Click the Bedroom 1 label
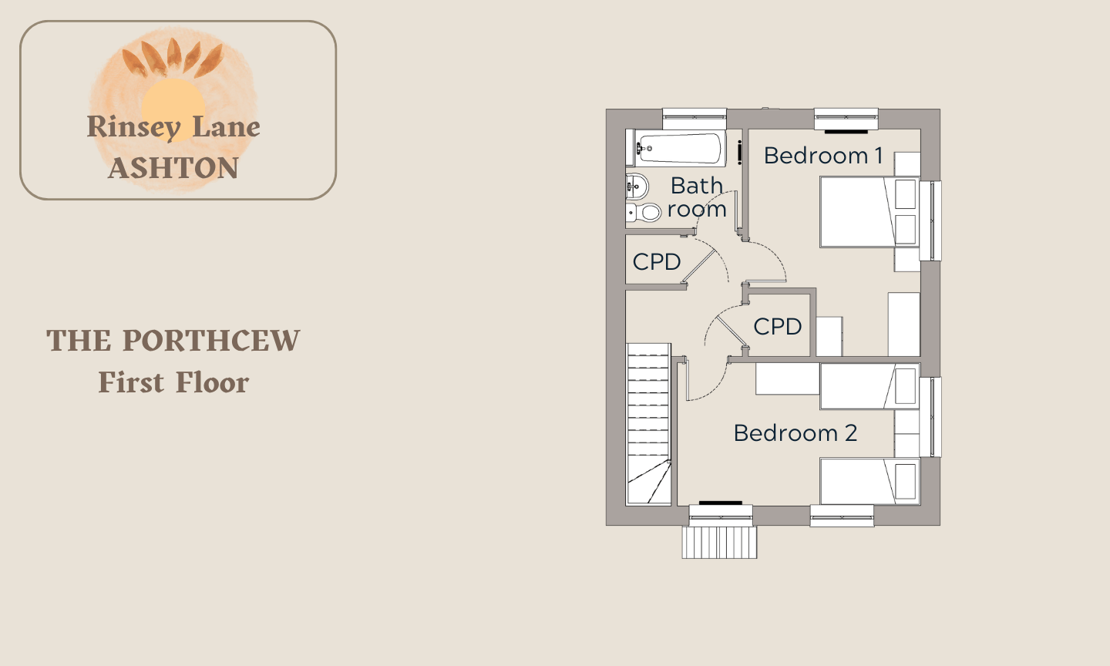click(823, 156)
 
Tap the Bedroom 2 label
click(795, 433)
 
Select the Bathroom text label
click(697, 197)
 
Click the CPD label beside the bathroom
click(657, 261)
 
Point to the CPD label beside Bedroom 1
click(778, 327)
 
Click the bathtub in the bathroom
click(677, 148)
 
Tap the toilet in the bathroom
click(643, 213)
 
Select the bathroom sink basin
click(637, 187)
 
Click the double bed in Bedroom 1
click(869, 211)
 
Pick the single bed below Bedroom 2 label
click(869, 481)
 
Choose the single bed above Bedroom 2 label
click(869, 386)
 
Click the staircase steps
click(649, 424)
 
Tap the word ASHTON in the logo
click(173, 168)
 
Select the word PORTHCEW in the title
click(211, 341)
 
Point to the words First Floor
click(173, 382)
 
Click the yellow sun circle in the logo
click(173, 107)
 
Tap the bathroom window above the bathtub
click(695, 119)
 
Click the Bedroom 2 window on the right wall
click(930, 417)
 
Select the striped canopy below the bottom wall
click(719, 542)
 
